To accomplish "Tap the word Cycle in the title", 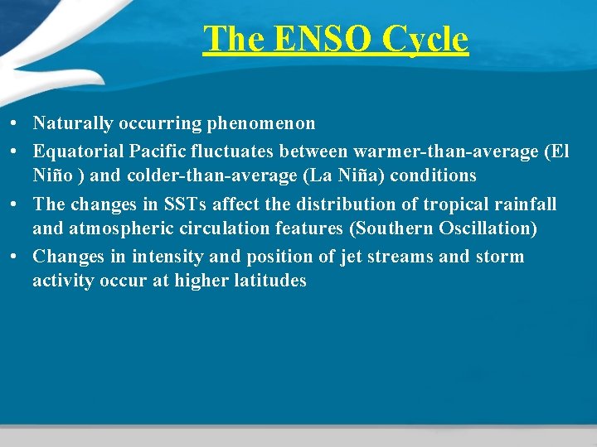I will (425, 39).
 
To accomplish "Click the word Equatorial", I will (77, 151).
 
